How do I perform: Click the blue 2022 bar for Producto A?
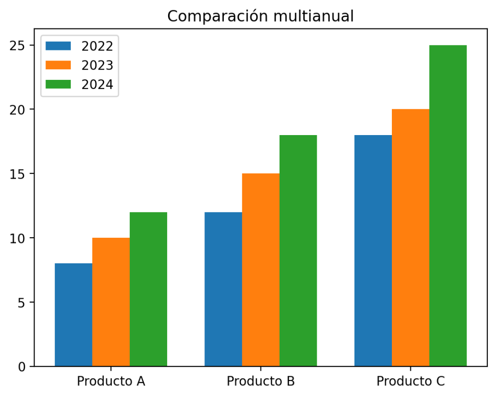74,315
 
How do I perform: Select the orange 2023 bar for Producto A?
111,302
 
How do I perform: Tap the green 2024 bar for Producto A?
148,289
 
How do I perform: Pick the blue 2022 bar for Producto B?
223,289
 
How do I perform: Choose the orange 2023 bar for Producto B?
261,270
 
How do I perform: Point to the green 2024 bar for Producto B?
298,251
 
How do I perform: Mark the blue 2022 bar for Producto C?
373,251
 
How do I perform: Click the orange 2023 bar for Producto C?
411,238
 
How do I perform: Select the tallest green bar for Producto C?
448,206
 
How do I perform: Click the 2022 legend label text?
97,46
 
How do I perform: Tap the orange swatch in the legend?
58,65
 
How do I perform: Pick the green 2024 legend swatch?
58,84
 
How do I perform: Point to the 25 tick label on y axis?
17,46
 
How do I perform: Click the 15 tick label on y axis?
17,174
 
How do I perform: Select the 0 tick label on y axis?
21,367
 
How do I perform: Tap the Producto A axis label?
111,381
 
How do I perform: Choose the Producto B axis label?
261,381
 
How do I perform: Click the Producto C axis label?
411,381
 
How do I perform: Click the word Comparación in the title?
218,16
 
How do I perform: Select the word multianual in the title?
313,16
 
